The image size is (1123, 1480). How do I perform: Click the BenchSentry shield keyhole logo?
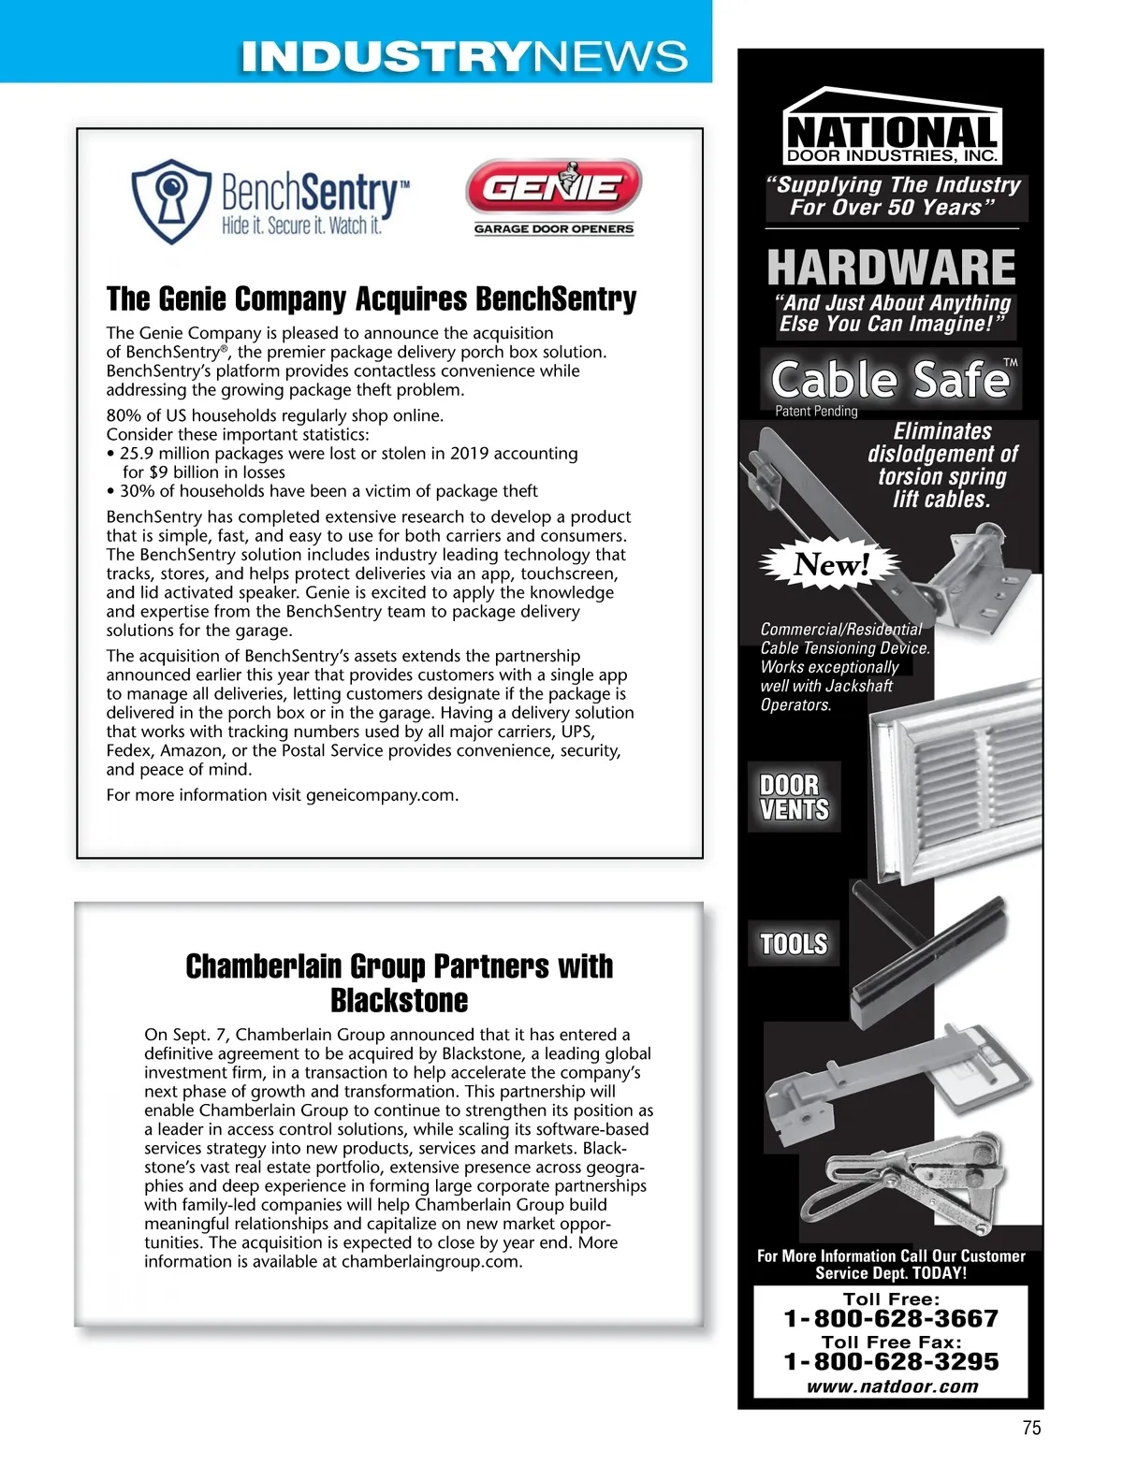click(x=170, y=200)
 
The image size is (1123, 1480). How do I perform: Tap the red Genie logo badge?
click(x=553, y=187)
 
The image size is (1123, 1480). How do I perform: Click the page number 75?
click(x=1031, y=1428)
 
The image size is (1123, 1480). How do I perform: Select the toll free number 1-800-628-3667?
click(x=890, y=1319)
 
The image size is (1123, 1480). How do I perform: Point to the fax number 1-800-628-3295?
click(x=890, y=1362)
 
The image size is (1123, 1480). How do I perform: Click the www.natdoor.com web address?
click(x=892, y=1386)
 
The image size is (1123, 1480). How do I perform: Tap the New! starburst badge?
click(x=831, y=564)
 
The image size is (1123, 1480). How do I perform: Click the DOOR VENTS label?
click(x=794, y=798)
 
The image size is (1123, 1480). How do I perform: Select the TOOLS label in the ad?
click(x=794, y=944)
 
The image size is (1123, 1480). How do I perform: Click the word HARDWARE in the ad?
click(x=890, y=268)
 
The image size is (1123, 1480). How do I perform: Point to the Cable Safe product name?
click(x=889, y=380)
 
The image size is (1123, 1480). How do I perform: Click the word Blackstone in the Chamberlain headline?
click(x=399, y=1000)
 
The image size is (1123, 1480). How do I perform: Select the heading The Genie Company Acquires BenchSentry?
click(x=371, y=299)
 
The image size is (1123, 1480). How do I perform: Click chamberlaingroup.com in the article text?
click(x=430, y=1262)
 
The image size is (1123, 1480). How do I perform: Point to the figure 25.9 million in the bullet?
click(x=165, y=454)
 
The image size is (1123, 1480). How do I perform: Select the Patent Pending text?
click(x=816, y=412)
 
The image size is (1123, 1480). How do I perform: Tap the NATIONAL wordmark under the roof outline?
click(x=892, y=132)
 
